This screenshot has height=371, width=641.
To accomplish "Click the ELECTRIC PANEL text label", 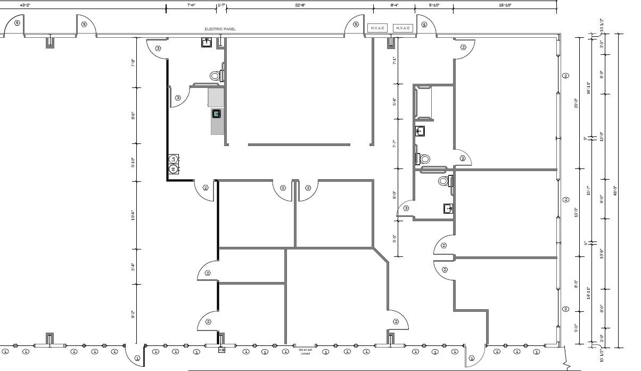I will point(220,29).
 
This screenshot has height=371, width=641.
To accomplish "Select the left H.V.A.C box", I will point(377,28).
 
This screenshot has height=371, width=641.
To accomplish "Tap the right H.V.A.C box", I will point(402,28).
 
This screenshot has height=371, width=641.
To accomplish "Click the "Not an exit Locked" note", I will point(305,351).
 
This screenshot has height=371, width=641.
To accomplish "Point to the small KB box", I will point(221,350).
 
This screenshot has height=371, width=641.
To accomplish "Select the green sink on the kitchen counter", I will point(217,114).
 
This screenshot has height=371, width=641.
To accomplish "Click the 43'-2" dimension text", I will point(25,4).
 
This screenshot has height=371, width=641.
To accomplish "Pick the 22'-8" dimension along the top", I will point(300,4).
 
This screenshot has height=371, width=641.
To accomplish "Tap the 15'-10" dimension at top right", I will point(505,4).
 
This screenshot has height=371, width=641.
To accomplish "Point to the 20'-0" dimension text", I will point(576,103).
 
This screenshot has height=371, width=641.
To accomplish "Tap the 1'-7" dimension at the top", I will point(221,4).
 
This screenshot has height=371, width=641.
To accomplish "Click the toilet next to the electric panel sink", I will point(215,76).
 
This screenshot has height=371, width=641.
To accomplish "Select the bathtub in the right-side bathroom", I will point(423,102).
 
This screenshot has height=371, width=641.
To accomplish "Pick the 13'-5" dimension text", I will point(576,213).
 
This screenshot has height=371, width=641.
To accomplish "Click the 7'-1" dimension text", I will point(394,60).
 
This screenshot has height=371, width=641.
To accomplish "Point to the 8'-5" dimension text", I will point(576,285).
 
